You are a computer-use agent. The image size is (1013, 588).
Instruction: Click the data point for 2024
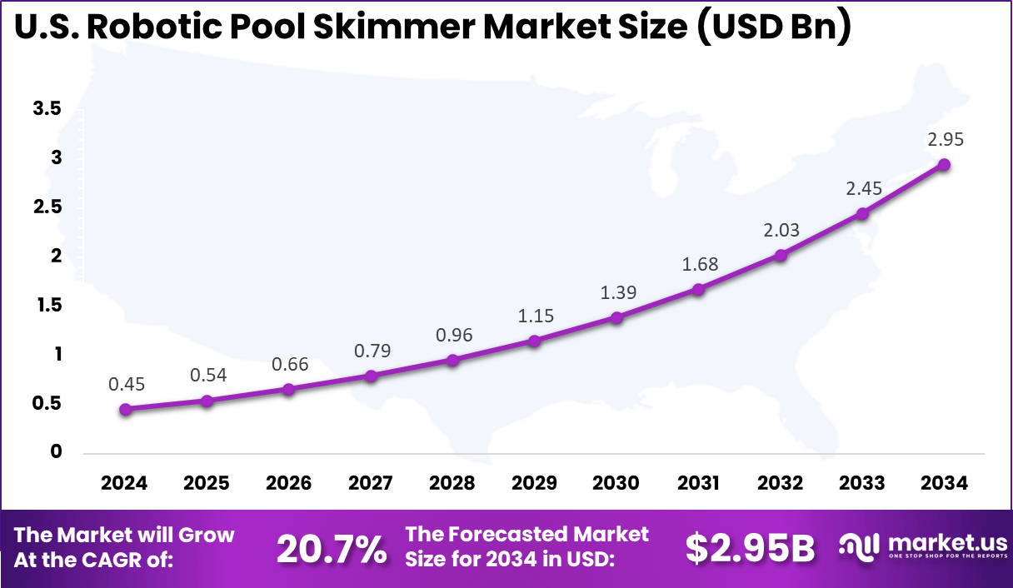(x=125, y=409)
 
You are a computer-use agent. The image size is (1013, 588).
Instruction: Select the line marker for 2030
(x=616, y=317)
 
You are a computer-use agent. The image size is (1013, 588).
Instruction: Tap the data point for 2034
(x=944, y=165)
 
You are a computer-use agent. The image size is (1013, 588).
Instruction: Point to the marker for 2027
(x=371, y=376)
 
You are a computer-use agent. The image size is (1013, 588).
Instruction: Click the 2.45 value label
(x=863, y=188)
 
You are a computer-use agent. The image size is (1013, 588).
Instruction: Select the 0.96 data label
(x=453, y=335)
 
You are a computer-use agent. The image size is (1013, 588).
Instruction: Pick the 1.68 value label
(x=700, y=264)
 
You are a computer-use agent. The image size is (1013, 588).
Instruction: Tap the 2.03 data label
(x=781, y=230)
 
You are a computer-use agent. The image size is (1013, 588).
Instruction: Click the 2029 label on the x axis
(x=535, y=484)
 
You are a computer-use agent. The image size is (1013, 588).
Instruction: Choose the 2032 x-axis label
(x=781, y=484)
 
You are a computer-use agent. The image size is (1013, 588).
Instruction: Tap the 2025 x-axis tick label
(x=207, y=484)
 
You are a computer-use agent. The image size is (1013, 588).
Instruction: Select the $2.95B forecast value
(x=750, y=547)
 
